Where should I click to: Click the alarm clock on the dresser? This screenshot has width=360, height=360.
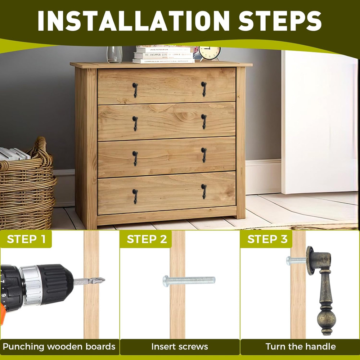pos(210,53)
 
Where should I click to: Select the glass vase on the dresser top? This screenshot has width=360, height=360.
pos(114,54)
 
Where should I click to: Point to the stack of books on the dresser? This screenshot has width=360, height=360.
pos(164,55)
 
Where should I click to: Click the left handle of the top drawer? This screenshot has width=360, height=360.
pos(135,90)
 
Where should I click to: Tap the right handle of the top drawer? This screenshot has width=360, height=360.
pos(204,89)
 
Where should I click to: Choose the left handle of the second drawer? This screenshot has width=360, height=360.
pos(135,123)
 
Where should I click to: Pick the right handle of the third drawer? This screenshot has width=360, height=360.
pos(204,155)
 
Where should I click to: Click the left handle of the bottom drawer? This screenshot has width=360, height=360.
pos(135,196)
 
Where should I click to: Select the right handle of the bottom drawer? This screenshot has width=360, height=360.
pos(204,191)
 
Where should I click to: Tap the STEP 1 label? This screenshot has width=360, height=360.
pos(26,239)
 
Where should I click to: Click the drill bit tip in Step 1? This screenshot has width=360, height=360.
pos(104,280)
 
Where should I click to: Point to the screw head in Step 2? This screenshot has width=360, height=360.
pos(166,281)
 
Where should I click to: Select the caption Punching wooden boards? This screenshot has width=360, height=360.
pos(59,346)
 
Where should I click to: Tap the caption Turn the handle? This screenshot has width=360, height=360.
pos(301,346)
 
